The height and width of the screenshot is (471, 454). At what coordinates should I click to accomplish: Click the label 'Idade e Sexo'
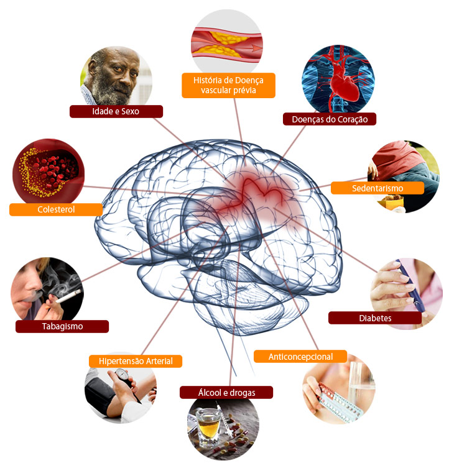(x=116, y=112)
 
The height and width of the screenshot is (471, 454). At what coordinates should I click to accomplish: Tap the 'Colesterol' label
(x=56, y=209)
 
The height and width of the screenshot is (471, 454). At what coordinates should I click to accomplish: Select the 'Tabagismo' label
(x=62, y=326)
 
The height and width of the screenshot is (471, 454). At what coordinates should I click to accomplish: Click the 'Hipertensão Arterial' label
(x=136, y=361)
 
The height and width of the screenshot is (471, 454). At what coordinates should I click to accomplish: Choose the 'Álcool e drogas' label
(x=226, y=392)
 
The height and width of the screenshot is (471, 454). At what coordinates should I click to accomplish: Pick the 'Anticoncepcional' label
(x=300, y=357)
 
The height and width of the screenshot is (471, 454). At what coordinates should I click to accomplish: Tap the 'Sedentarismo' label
(x=377, y=188)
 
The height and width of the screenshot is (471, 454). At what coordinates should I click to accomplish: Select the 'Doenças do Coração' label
(x=330, y=119)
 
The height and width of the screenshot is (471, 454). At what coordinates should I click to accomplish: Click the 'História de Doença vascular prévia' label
(x=228, y=86)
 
